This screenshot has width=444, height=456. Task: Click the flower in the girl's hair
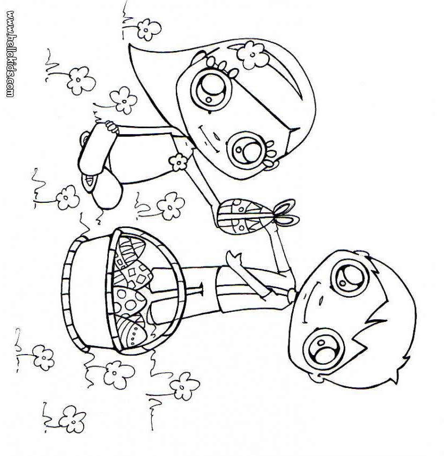(x=252, y=55)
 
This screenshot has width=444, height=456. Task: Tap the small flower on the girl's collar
(x=177, y=162)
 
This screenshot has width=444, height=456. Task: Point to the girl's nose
(x=216, y=136)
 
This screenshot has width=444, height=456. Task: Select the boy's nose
(x=321, y=299)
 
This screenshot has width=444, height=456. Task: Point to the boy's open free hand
(x=234, y=259)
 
